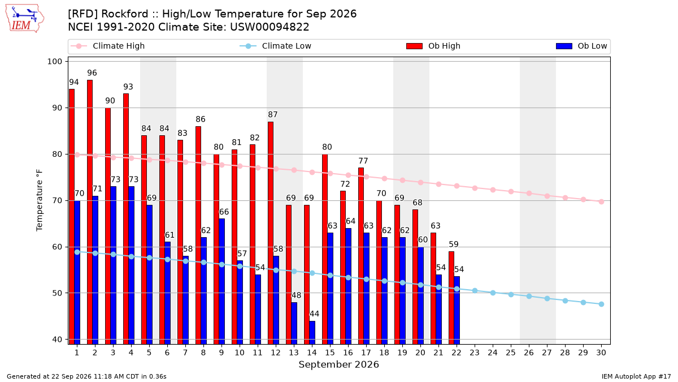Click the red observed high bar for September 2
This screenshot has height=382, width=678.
90,212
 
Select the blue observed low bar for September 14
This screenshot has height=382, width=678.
312,333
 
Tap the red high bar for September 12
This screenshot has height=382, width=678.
271,233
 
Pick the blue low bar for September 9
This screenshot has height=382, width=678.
222,281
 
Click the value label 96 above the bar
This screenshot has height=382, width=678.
92,73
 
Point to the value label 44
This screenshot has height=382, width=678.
315,314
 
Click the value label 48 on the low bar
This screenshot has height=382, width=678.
296,295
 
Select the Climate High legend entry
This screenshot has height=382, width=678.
108,46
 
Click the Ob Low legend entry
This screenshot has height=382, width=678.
581,46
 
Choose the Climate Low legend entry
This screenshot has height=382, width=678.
276,46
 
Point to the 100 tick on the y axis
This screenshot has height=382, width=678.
55,62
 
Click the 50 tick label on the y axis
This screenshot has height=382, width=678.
57,293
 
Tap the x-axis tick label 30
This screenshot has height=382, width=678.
601,353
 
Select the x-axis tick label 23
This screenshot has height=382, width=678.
475,353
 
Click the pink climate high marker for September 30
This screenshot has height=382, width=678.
601,201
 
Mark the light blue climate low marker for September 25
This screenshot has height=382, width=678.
511,294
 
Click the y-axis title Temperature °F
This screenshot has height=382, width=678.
40,200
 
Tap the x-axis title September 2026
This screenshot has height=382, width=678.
338,364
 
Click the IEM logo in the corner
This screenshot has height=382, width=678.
25,19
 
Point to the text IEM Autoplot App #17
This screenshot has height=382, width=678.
636,376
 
